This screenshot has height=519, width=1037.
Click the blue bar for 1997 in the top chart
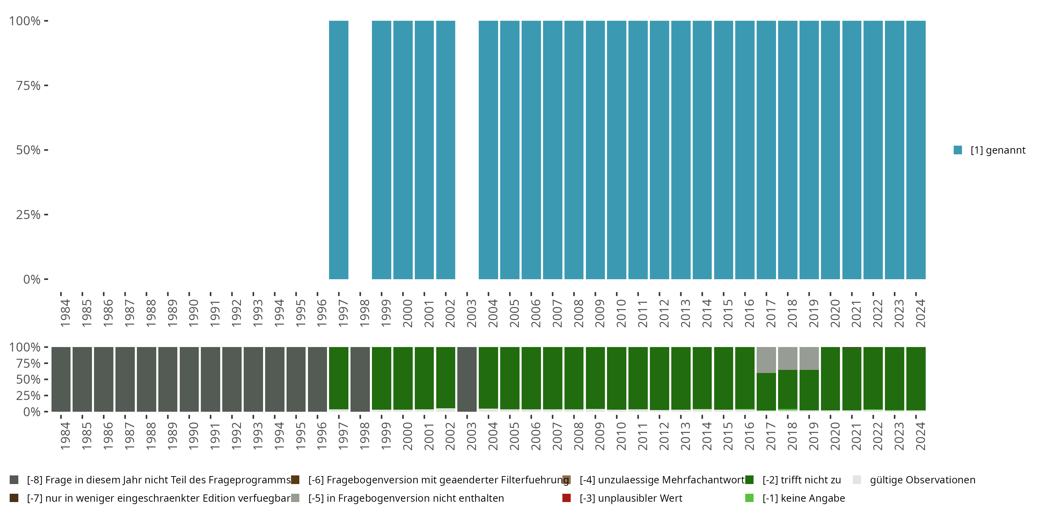pos(338,150)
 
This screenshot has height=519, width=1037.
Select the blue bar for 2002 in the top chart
pos(446,150)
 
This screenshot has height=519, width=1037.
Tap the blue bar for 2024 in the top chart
pos(916,150)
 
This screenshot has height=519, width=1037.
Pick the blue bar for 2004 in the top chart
pos(488,150)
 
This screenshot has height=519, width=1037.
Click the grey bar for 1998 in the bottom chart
pos(360,379)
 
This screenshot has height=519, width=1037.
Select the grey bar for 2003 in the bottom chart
pos(467,379)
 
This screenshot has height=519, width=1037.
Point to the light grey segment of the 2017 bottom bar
pos(766,359)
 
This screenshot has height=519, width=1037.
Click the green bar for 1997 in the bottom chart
pos(338,378)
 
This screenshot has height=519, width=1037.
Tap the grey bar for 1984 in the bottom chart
pos(61,379)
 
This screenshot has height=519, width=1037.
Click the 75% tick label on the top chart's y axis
pos(28,85)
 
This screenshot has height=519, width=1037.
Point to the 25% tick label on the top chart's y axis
pos(28,215)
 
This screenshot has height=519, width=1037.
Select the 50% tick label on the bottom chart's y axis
pos(28,379)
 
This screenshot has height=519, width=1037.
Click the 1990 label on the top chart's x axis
pos(194,313)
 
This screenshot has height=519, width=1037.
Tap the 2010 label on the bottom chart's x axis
pos(621,436)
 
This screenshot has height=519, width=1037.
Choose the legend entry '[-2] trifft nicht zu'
pos(801,480)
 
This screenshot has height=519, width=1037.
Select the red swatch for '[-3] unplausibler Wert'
pos(567,498)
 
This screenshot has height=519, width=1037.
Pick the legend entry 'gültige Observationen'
pos(922,480)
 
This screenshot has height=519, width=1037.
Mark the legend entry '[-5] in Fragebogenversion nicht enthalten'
pos(406,498)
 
